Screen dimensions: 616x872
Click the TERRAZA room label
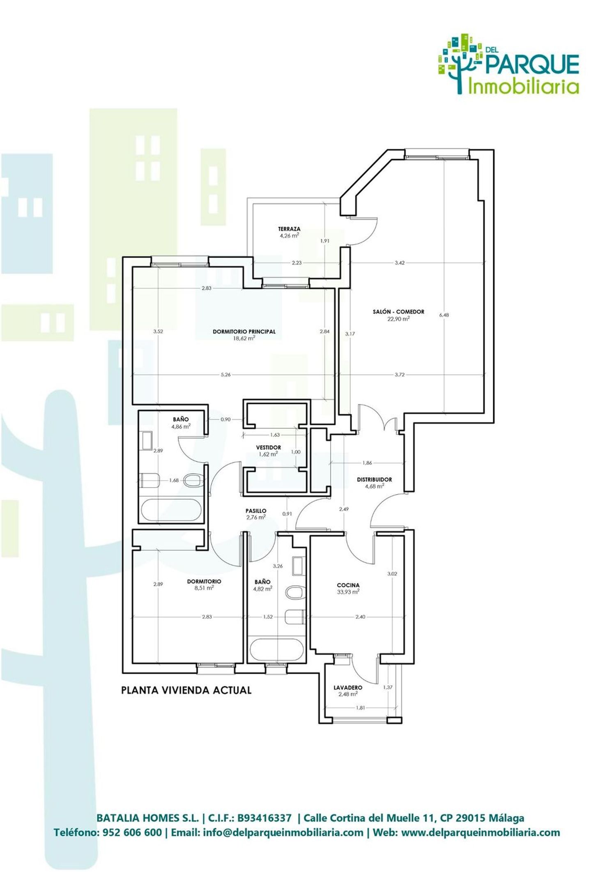289,229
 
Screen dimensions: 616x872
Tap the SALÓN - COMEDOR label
398,312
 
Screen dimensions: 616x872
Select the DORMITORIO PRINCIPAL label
244,331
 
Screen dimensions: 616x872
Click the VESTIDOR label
269,447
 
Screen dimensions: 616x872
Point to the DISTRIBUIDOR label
374,479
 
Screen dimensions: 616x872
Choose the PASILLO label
256,511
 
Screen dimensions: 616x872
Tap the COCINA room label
348,585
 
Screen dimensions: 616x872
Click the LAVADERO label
348,688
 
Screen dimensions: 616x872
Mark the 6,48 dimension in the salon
444,315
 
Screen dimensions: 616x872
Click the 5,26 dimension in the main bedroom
225,375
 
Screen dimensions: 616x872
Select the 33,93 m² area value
348,592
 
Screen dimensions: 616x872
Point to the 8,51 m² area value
204,588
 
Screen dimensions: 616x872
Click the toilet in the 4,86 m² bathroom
193,480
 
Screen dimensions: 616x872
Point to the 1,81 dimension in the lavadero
360,708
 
